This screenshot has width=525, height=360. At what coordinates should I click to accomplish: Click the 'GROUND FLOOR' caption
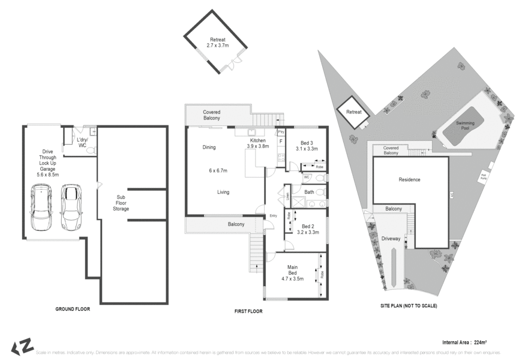coord(73,309)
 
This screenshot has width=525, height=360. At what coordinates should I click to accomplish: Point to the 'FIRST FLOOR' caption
coord(247,311)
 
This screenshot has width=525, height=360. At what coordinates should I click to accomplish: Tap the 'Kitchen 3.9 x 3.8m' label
coord(257,143)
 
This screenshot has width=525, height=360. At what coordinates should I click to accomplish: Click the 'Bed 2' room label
coord(307,227)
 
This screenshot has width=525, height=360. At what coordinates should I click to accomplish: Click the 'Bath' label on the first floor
coord(309,192)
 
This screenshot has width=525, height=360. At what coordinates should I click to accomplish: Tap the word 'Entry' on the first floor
coord(274,216)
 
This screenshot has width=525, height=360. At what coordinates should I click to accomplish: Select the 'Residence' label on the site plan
coord(410,179)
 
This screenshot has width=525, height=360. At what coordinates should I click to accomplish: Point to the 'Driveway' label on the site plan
coord(391,239)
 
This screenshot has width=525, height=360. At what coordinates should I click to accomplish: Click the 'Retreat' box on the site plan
coord(353,112)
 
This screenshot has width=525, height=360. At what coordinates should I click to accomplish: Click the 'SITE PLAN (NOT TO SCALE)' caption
coord(409,305)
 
